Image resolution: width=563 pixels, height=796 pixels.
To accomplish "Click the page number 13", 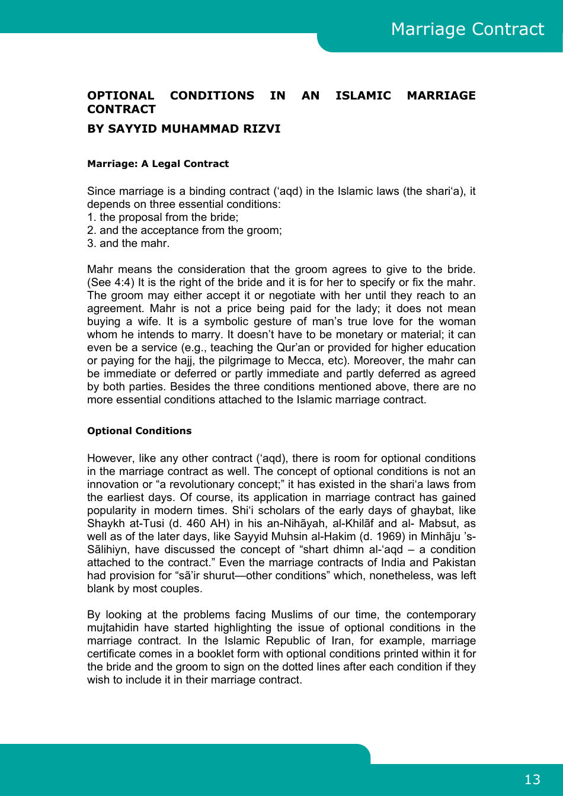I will (532, 779).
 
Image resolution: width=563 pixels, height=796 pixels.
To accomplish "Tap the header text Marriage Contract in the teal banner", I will (467, 29).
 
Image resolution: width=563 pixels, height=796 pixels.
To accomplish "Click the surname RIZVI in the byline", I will (261, 129).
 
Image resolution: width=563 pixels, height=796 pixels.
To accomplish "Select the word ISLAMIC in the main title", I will (363, 95).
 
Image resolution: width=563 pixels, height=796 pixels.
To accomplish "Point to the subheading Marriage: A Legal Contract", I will (158, 163).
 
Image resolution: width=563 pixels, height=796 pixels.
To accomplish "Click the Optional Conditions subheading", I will (139, 431).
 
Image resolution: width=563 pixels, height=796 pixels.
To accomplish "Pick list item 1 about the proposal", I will (163, 217).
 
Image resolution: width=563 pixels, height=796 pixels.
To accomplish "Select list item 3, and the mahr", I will (129, 243).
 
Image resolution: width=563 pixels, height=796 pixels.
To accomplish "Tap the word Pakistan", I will (450, 563).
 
